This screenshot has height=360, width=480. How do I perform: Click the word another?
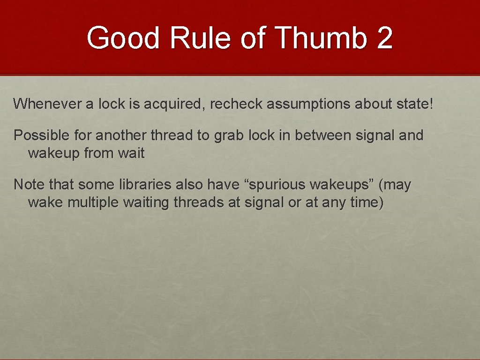(118, 135)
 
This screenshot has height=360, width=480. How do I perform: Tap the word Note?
(29, 185)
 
